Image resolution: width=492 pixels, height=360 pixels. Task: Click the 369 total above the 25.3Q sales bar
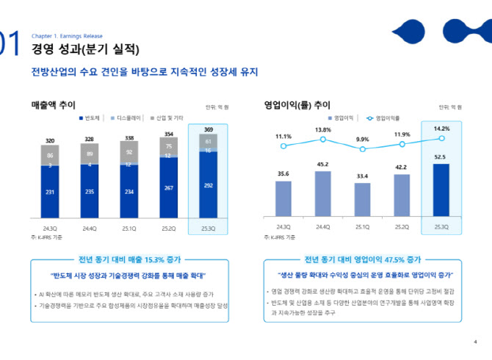tap(208, 129)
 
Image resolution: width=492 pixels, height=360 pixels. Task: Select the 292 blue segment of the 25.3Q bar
tap(208, 186)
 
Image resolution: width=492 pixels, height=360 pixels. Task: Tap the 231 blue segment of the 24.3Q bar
tap(50, 192)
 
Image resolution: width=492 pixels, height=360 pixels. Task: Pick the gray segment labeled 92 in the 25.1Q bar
tap(129, 152)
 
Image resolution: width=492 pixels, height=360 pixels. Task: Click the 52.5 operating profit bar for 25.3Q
tap(441, 190)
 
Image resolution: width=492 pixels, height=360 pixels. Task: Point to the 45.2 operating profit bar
tap(322, 193)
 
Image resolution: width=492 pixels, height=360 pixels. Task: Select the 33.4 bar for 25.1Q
tap(362, 199)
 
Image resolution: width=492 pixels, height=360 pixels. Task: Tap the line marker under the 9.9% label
tap(362, 149)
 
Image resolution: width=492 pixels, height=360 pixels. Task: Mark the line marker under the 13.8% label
tap(322, 140)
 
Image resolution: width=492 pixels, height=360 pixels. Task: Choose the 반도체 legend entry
tap(90, 118)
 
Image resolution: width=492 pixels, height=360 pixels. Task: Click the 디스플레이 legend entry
tap(126, 118)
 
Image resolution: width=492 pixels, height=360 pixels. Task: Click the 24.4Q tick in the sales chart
tap(90, 227)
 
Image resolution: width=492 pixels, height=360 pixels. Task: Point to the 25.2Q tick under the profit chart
tap(402, 227)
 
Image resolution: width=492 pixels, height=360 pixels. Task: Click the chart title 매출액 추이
tap(53, 105)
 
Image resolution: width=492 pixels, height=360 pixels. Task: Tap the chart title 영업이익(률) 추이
tap(297, 105)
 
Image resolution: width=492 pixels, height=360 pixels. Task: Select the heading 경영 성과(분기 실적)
tap(84, 50)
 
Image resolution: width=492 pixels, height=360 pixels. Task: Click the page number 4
tap(475, 342)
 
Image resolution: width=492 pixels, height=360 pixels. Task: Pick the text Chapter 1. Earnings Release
tap(67, 36)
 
